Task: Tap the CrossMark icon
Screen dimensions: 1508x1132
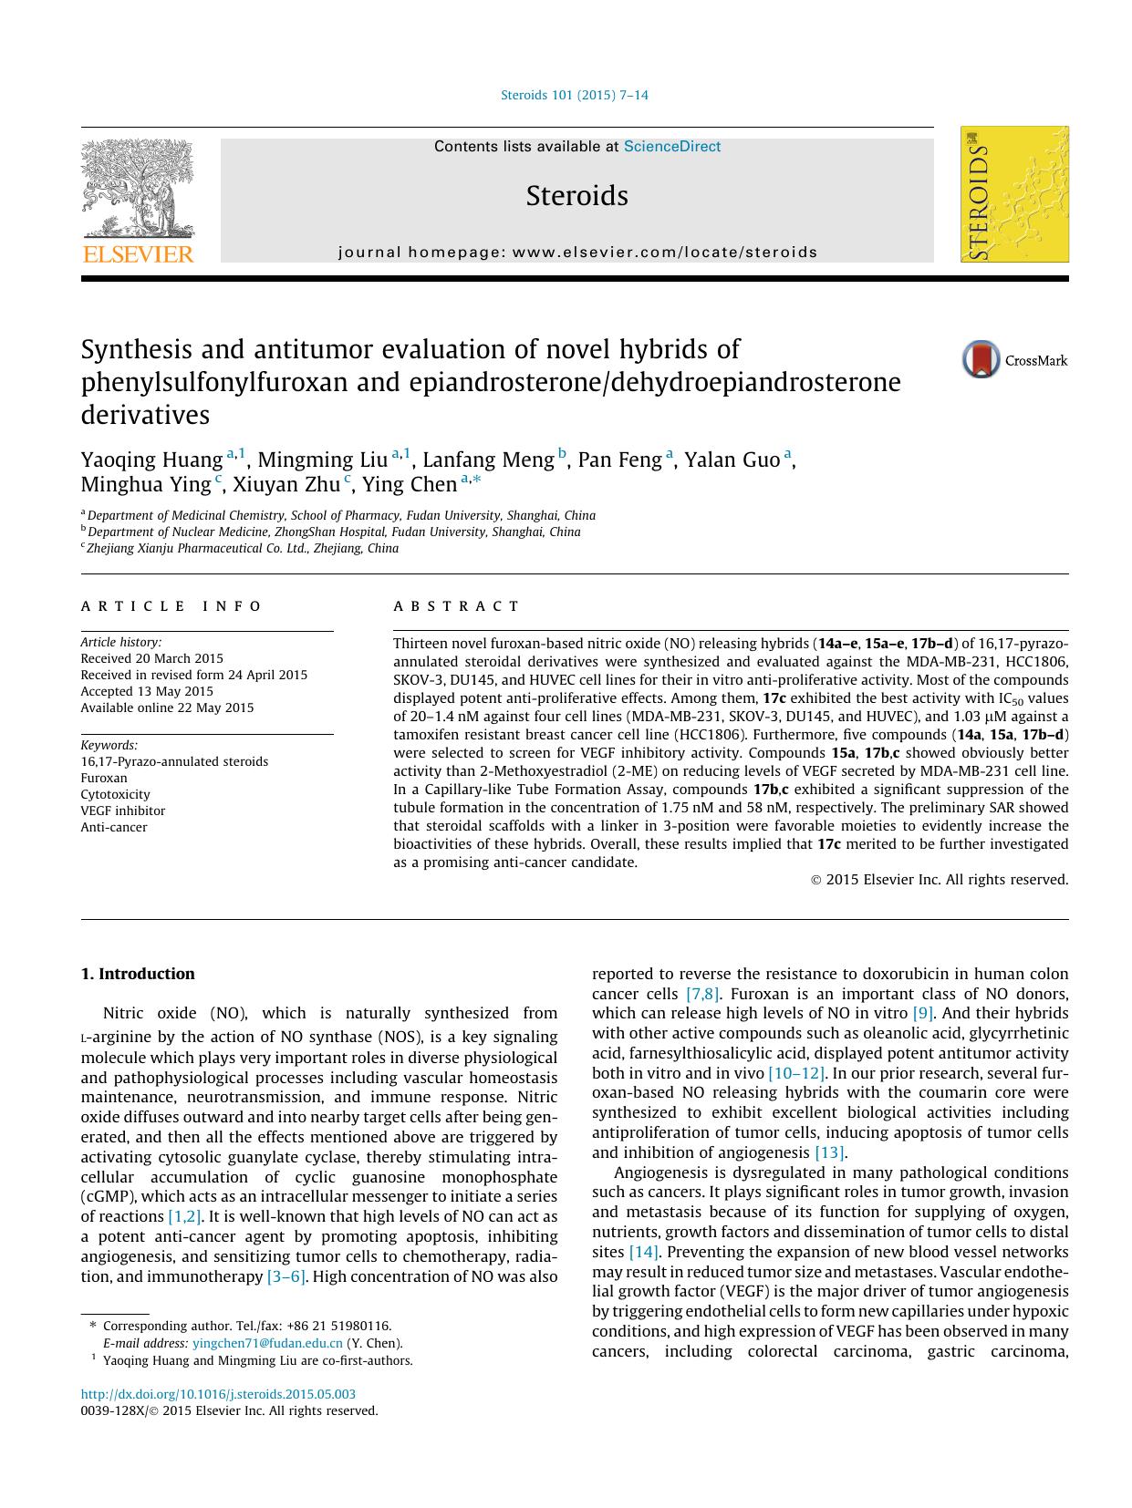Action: (x=981, y=360)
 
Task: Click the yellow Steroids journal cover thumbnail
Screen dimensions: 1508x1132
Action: (x=1014, y=194)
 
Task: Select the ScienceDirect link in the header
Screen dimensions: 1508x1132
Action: (x=672, y=147)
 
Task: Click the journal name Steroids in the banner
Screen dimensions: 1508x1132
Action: (x=576, y=196)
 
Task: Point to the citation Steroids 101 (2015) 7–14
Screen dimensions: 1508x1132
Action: (x=575, y=95)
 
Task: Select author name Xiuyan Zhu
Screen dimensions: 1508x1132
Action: (x=286, y=484)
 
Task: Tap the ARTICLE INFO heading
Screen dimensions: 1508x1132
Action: (x=171, y=606)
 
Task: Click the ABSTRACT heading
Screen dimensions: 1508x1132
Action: (x=456, y=606)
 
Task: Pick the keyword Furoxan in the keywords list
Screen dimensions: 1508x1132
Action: (x=104, y=778)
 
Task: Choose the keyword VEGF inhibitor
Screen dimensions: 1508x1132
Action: (x=123, y=811)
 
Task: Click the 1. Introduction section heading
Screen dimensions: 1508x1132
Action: (x=138, y=974)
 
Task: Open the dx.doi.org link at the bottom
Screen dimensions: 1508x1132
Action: (x=218, y=1394)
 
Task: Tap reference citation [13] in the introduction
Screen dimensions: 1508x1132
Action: (x=829, y=1152)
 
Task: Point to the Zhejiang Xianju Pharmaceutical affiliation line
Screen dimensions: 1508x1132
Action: (x=242, y=548)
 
